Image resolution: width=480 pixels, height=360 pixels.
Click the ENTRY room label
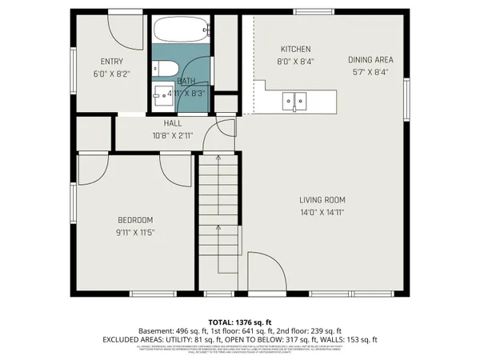click(112, 62)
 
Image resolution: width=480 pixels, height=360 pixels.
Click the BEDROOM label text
click(135, 220)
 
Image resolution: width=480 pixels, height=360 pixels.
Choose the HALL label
click(173, 123)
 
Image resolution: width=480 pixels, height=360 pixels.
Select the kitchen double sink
click(294, 101)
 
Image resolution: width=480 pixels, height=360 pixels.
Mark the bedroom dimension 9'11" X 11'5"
click(135, 232)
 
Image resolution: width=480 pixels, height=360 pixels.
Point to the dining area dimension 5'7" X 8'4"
click(370, 71)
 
